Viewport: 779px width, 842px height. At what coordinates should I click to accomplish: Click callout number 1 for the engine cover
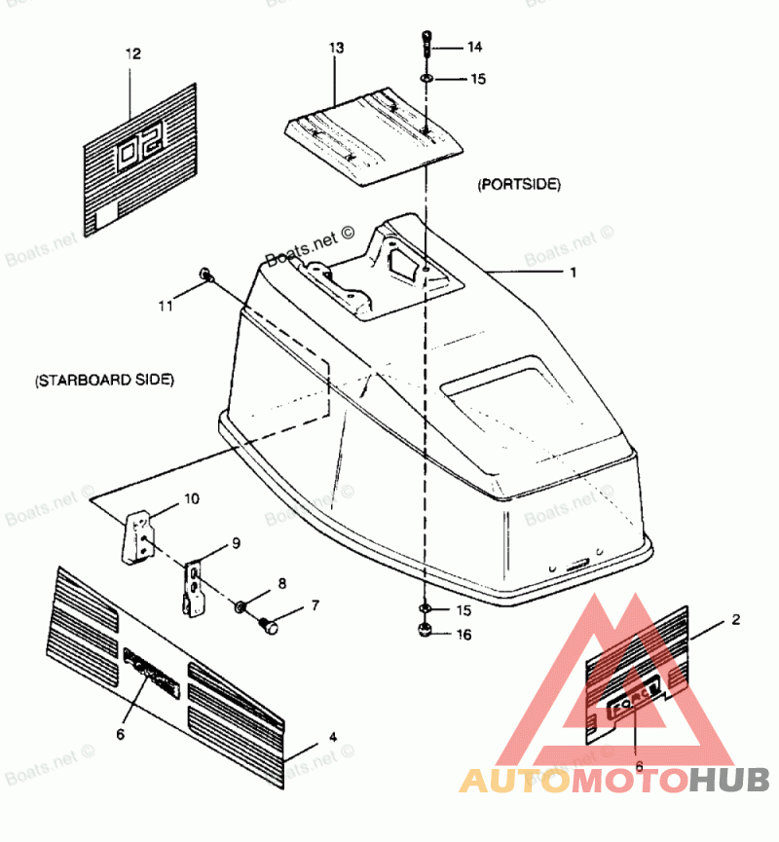574,274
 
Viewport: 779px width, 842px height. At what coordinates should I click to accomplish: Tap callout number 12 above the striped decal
133,55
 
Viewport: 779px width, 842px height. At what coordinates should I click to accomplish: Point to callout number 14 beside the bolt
474,47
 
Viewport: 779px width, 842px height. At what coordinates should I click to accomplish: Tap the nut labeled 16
426,633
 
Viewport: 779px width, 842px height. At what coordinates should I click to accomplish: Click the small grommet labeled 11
205,275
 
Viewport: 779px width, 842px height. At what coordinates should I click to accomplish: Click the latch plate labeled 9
196,587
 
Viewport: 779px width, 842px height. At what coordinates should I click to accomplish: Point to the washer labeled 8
240,607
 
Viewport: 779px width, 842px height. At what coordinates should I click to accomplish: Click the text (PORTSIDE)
519,183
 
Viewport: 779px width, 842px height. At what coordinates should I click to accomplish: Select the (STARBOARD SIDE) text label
104,381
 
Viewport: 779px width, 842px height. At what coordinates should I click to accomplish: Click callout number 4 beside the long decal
333,737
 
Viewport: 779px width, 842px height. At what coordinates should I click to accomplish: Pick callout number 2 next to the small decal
736,619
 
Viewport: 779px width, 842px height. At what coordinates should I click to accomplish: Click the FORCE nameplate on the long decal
152,671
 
